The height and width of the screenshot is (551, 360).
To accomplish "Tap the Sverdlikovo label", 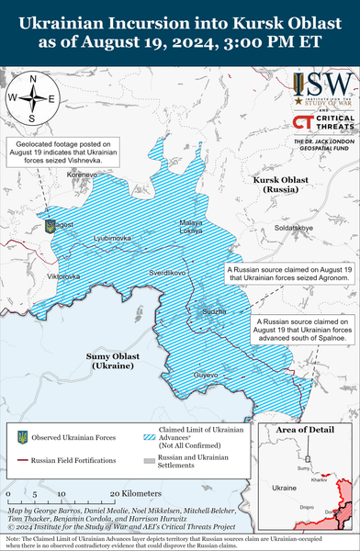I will coord(168,274).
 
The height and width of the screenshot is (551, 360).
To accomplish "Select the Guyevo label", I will coord(207,375).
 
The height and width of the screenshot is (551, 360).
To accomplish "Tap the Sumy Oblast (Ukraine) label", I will coord(113,361).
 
